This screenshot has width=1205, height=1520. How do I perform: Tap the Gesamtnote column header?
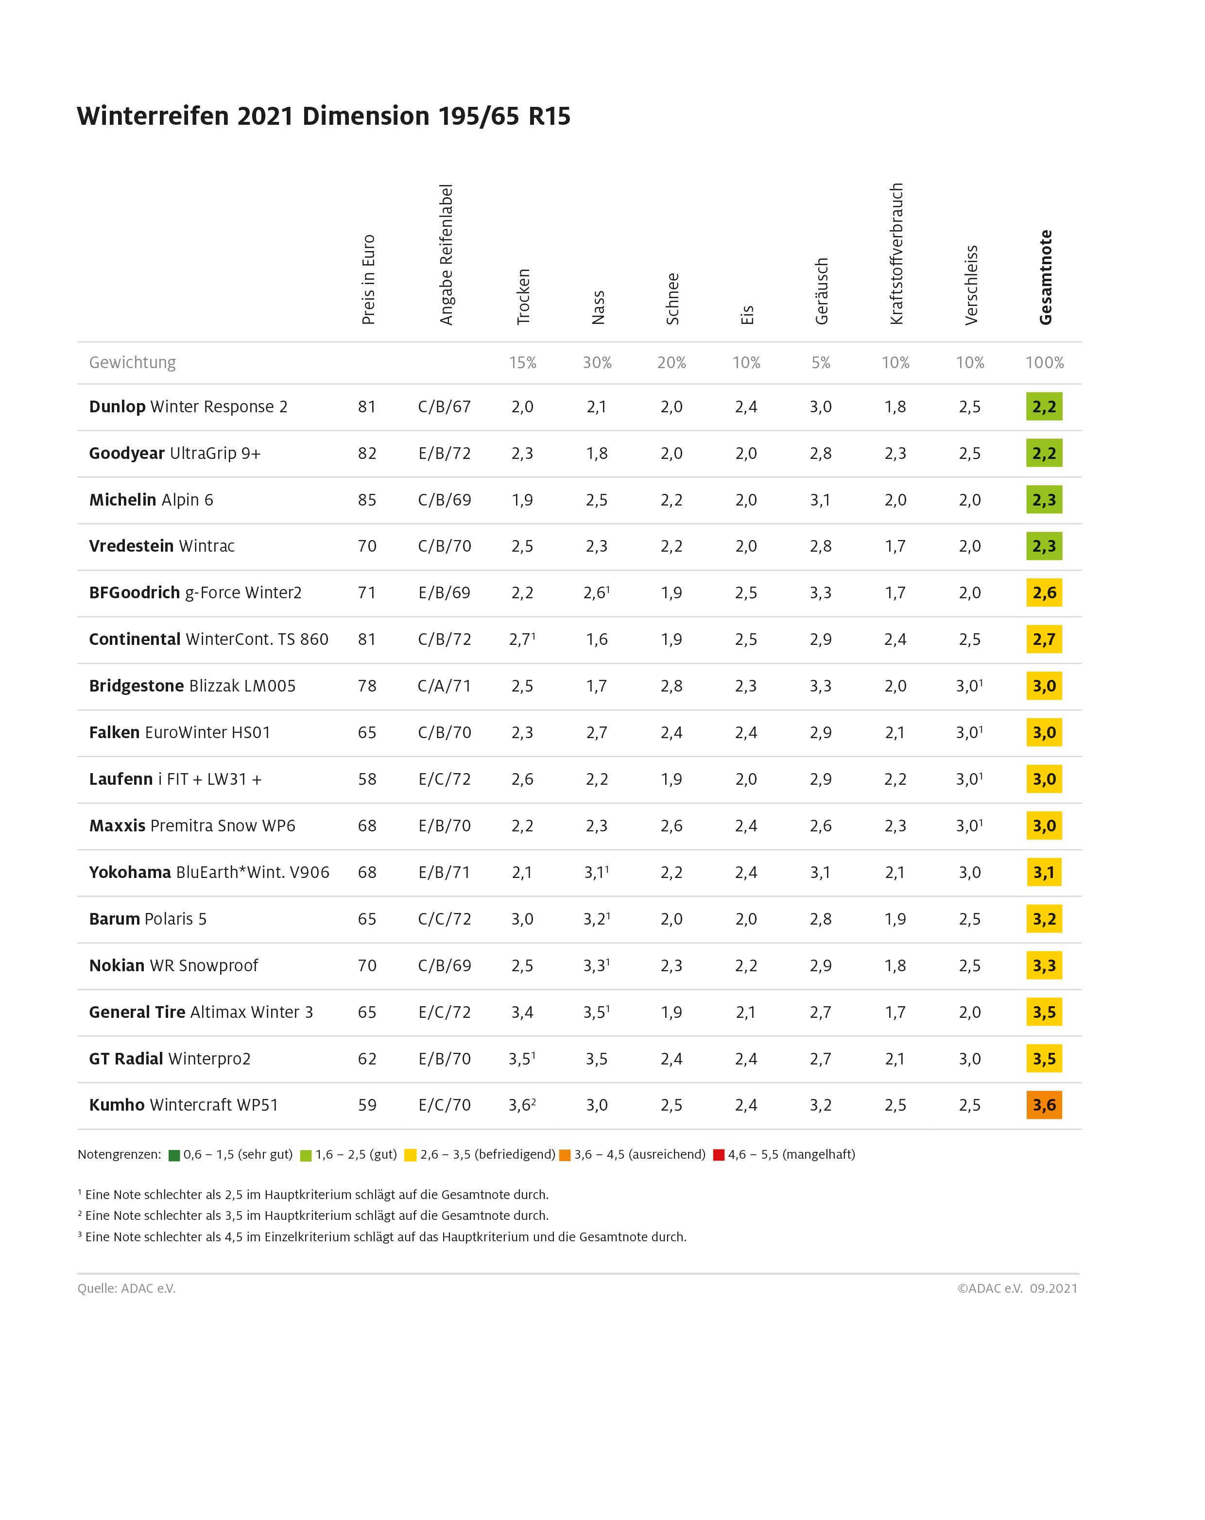pyautogui.click(x=1045, y=277)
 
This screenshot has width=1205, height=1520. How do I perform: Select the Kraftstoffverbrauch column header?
pyautogui.click(x=896, y=254)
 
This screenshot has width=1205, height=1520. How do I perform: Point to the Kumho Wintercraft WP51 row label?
pyautogui.click(x=184, y=1105)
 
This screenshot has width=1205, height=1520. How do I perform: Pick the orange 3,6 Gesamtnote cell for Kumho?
pyautogui.click(x=1044, y=1105)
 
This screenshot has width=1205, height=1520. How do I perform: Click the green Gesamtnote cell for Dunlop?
pyautogui.click(x=1044, y=407)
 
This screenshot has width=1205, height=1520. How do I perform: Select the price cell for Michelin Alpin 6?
pyautogui.click(x=367, y=500)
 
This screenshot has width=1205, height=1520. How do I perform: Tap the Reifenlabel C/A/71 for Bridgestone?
pyautogui.click(x=445, y=686)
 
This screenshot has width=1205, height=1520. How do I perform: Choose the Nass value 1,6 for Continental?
pyautogui.click(x=597, y=640)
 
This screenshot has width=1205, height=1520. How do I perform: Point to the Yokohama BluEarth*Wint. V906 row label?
pyautogui.click(x=209, y=872)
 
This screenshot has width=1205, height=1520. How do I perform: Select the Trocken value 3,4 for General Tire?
pyautogui.click(x=522, y=1012)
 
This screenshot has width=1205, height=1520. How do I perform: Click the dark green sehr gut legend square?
pyautogui.click(x=174, y=1155)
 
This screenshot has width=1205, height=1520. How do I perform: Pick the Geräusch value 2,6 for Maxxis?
pyautogui.click(x=821, y=826)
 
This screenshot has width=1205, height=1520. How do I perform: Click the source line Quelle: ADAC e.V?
pyautogui.click(x=126, y=1288)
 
